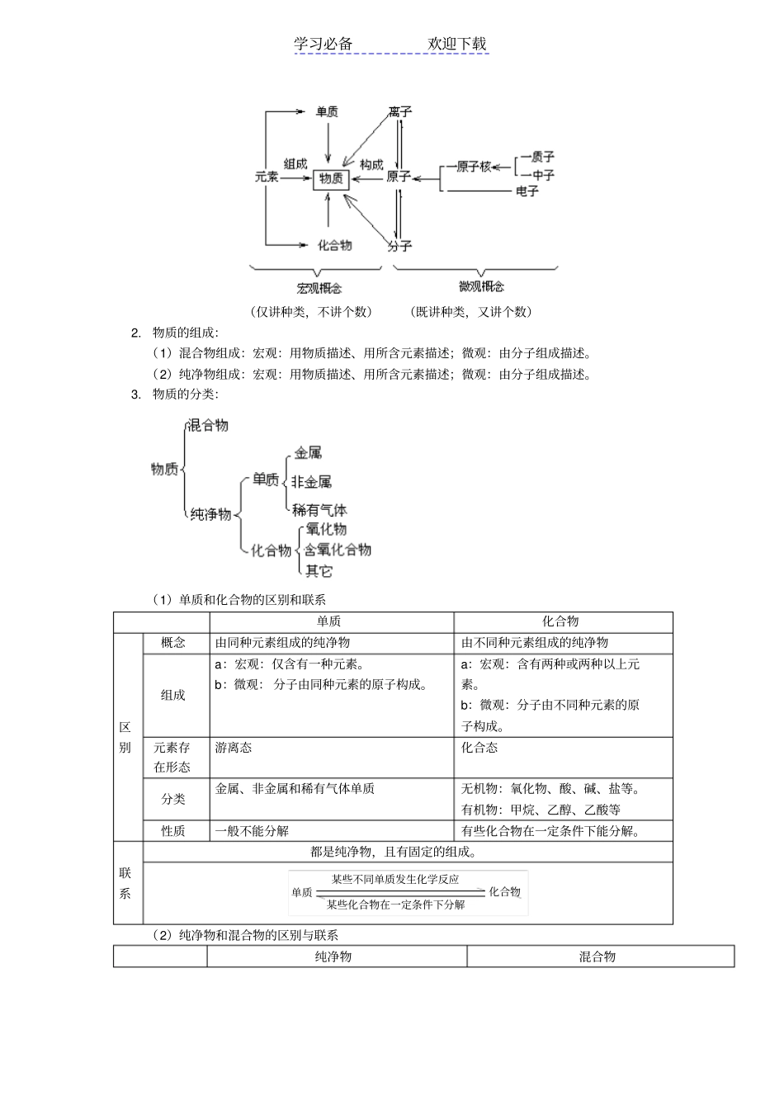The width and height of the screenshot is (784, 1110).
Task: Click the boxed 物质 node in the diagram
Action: point(330,178)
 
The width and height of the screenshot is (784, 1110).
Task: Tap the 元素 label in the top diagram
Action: point(267,177)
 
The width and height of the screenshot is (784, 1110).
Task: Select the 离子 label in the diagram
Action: point(399,111)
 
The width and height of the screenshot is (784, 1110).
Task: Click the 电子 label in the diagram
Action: point(527,191)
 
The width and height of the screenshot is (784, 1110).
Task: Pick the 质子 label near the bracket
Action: point(541,156)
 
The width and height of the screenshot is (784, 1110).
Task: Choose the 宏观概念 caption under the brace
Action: point(319,288)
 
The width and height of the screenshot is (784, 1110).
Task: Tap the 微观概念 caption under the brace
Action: point(481,286)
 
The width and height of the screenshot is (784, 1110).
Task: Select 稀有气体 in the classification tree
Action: point(319,510)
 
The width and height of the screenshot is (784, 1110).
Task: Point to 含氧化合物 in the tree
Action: point(338,550)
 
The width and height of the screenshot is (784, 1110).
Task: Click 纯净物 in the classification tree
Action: point(210,514)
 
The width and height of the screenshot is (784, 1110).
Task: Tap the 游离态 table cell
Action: point(234,747)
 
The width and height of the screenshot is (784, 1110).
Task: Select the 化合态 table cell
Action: point(479,747)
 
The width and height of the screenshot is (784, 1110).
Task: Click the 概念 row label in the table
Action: point(173,642)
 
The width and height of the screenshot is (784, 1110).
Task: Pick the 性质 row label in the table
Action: point(173,830)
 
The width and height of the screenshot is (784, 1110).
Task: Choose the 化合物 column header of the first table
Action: point(560,621)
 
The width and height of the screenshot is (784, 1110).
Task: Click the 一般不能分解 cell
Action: point(252,830)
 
